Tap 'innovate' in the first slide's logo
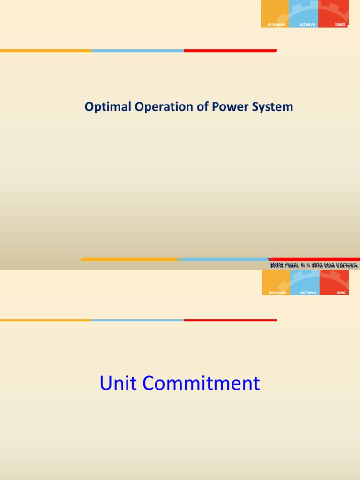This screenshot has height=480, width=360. [276, 24]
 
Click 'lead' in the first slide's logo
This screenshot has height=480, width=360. [339, 24]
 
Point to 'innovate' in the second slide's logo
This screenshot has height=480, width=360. [277, 292]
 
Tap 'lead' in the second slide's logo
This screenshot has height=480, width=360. [341, 292]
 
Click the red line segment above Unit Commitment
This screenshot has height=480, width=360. [230, 320]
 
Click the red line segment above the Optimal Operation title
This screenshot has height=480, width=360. [230, 51]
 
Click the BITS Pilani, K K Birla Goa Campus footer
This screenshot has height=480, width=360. [314, 265]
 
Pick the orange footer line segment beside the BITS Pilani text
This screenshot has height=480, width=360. [129, 259]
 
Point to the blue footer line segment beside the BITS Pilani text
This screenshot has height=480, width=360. [223, 259]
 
